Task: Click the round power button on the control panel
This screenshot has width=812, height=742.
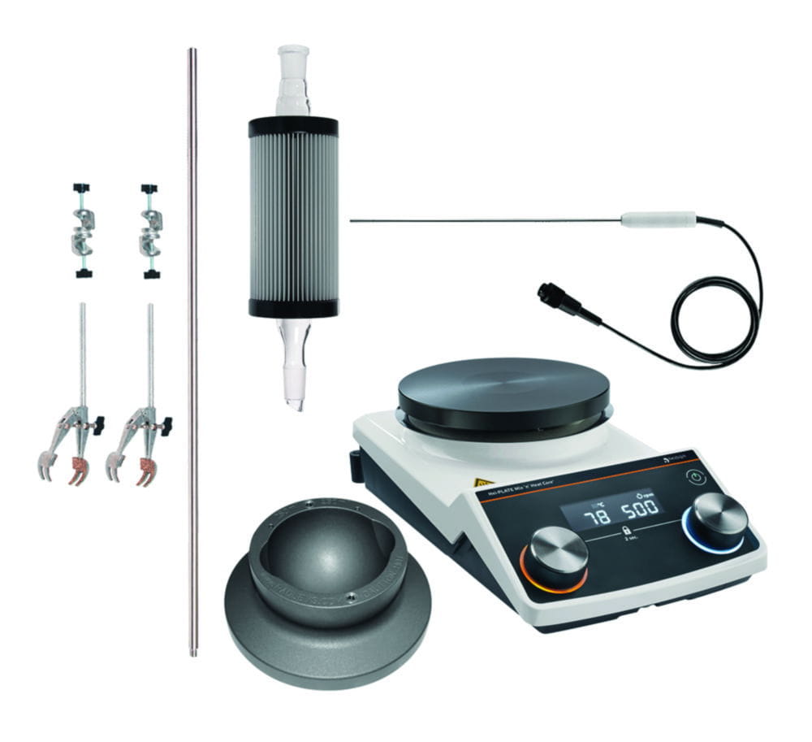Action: pos(697,479)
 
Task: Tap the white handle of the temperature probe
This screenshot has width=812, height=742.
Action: pos(659,219)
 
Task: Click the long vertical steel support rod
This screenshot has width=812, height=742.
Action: pos(192,349)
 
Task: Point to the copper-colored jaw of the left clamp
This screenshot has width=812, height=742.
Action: pos(79,471)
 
